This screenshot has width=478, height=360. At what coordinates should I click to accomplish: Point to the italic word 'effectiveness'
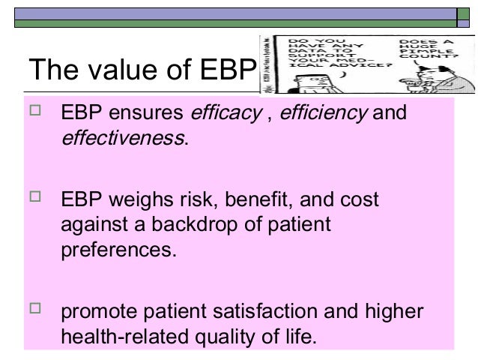[x=122, y=139]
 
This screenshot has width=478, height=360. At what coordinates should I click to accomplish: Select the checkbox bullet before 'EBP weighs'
[x=34, y=199]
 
